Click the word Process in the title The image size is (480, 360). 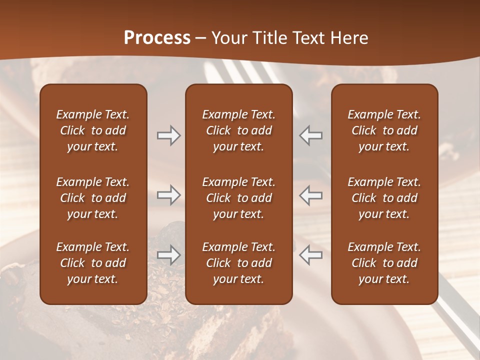157,38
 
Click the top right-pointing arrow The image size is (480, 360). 168,135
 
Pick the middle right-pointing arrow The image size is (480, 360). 168,195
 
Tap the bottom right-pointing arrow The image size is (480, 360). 168,255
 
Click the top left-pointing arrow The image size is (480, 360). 311,135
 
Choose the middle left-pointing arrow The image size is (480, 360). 311,195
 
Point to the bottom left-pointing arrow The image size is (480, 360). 311,255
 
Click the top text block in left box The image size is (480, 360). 93,130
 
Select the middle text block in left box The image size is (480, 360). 93,198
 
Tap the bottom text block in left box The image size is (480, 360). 93,263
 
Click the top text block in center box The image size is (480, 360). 238,130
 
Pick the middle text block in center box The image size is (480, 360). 238,198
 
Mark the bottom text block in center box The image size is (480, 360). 238,263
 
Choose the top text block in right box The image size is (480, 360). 384,130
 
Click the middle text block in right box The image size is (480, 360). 384,198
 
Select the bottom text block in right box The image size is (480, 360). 384,263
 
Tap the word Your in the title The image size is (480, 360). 227,38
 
